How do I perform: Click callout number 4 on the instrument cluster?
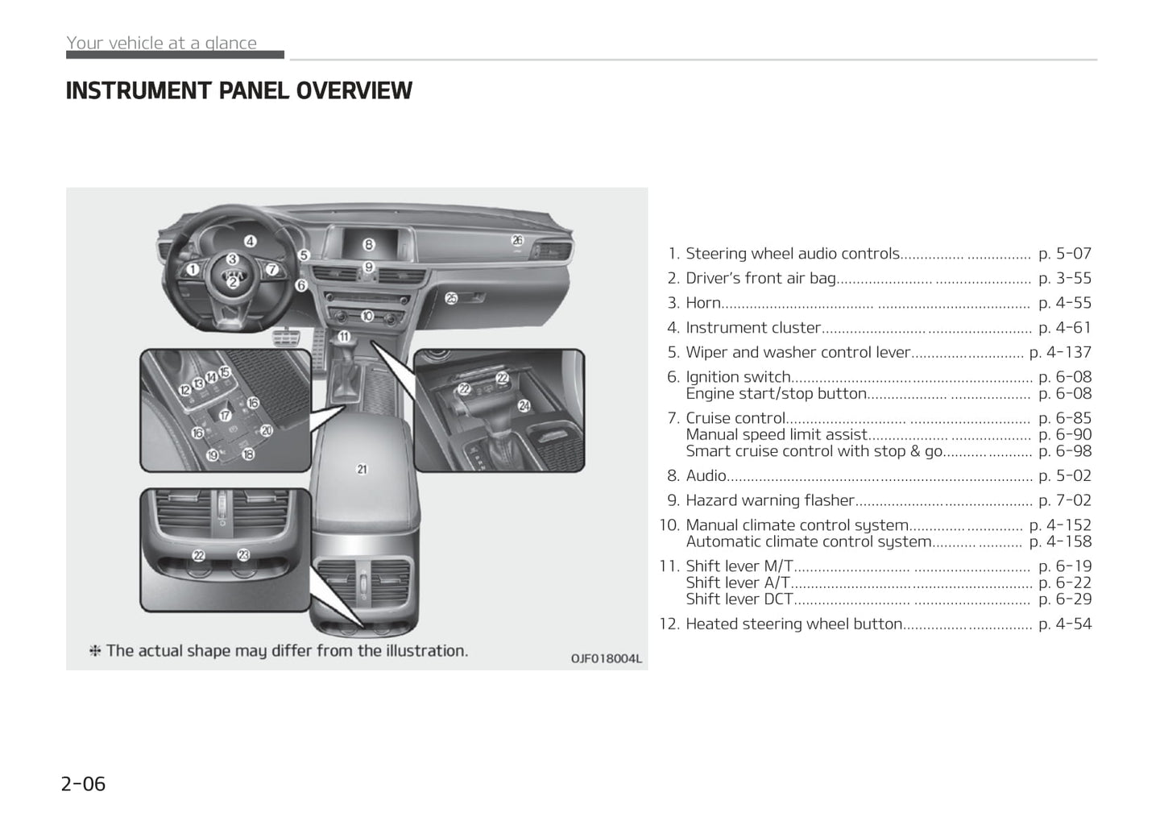coord(251,241)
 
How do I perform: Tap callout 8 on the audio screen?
coord(368,244)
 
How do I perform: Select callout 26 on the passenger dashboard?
coord(517,240)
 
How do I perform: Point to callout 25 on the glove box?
coord(451,298)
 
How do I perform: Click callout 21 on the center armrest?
coord(362,469)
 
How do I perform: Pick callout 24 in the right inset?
coord(524,406)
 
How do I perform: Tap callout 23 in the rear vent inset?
coord(243,554)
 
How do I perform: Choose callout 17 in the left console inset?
coord(226,416)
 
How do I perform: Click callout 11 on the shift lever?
coord(344,337)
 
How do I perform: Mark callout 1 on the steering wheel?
coord(193,269)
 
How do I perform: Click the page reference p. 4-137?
coord(1060,352)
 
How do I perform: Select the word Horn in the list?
coord(702,303)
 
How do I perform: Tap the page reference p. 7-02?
coord(1065,500)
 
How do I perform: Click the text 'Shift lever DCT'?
coord(739,599)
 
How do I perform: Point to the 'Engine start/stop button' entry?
coord(776,394)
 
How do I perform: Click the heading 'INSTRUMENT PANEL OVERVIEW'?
coord(238,91)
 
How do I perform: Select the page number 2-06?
coord(83,784)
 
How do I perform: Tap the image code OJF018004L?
coord(607,659)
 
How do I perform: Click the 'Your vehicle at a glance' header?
coord(161,44)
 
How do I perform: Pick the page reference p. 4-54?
coord(1065,624)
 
